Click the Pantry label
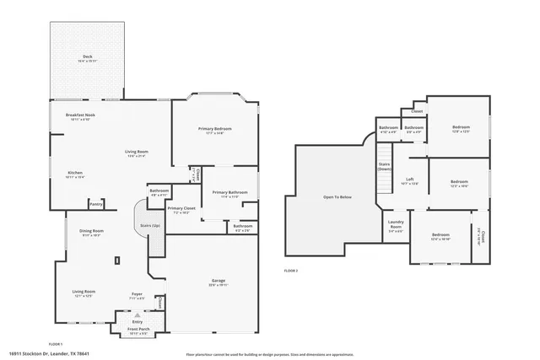coord(96,204)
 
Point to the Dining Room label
coord(91,231)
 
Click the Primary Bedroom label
coord(215,128)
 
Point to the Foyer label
coord(136,293)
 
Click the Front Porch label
coord(138,330)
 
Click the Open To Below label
coord(337,196)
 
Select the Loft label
coord(409,179)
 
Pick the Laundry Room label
coord(396,224)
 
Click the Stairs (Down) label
coord(385,166)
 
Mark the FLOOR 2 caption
coord(291,270)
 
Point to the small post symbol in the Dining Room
coord(118,261)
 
